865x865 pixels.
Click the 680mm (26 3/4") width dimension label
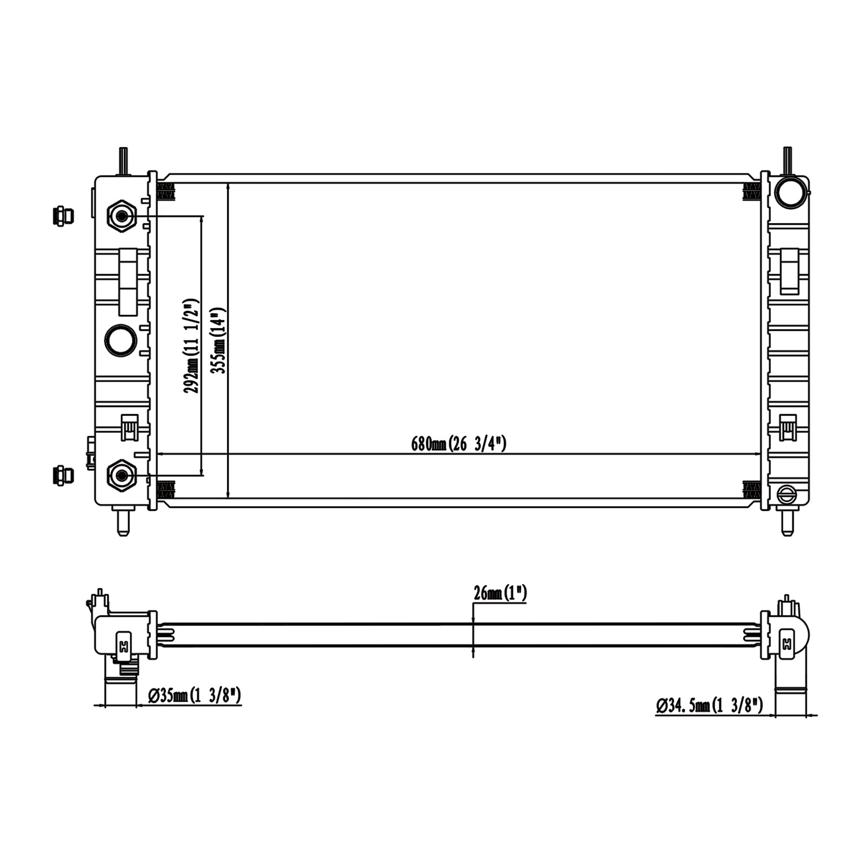[458, 444]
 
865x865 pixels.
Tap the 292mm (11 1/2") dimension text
[192, 346]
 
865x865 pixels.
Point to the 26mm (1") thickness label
[500, 593]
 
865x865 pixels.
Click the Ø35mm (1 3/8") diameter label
[194, 695]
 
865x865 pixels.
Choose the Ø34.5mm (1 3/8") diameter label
[709, 705]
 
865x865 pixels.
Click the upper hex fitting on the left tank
[122, 216]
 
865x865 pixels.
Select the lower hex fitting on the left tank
[122, 476]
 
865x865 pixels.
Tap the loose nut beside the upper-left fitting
[63, 216]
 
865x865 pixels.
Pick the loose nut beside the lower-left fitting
[63, 475]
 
